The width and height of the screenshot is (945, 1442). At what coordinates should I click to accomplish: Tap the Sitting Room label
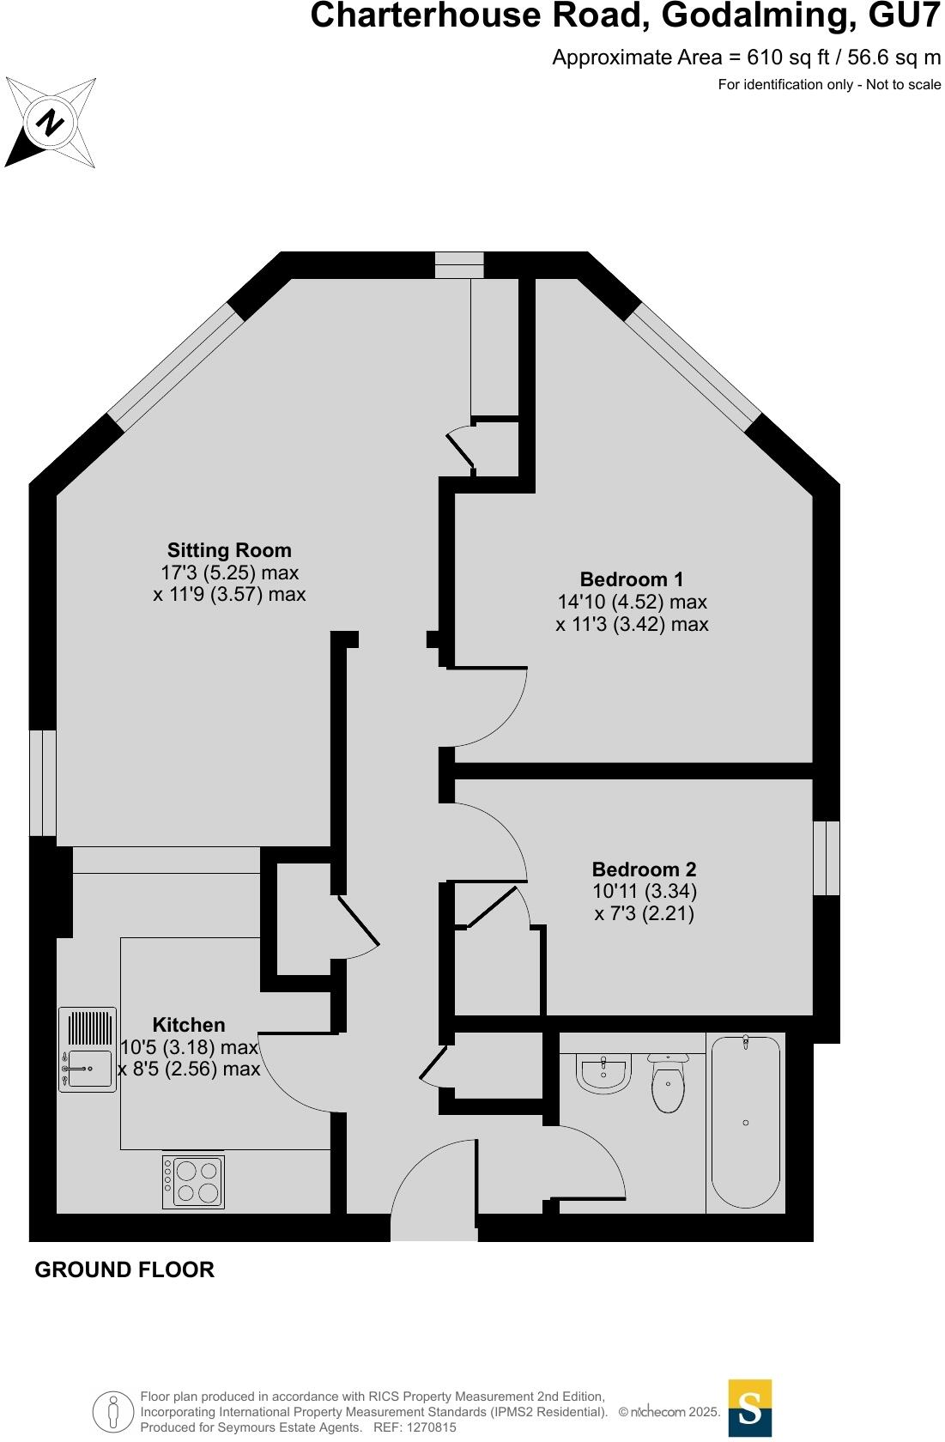coord(229,550)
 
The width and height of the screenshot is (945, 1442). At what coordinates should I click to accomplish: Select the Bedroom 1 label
coord(632,579)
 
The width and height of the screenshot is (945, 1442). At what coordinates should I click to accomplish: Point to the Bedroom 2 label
coord(644,869)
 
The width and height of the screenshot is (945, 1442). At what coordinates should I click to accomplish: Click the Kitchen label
coord(189,1025)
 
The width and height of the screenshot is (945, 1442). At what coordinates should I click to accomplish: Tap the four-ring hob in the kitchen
coord(194,1182)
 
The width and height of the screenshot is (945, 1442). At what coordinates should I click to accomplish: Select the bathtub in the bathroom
coord(745,1122)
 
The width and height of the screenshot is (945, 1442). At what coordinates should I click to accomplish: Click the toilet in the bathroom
coord(668,1083)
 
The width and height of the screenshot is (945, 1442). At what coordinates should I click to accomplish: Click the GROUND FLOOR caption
coord(124,1269)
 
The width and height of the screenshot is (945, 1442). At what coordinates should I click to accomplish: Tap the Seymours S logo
coord(749,1408)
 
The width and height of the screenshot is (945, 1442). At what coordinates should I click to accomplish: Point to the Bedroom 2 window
coord(826,857)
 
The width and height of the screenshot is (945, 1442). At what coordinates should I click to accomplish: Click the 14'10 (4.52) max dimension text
coord(632,602)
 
